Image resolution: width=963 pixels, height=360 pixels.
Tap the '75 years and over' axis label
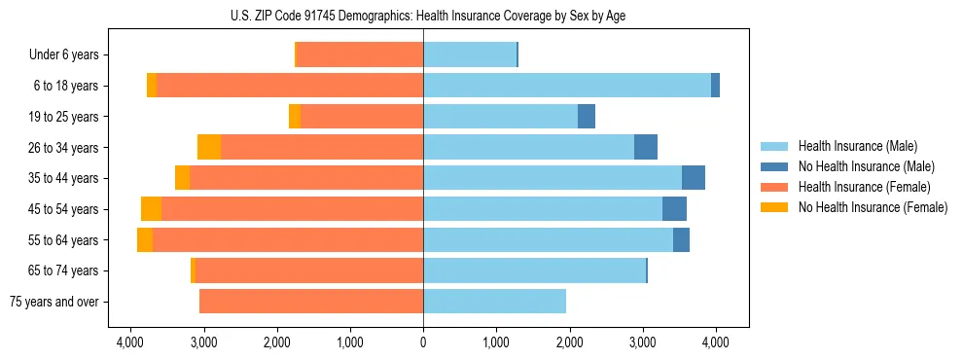tap(53, 302)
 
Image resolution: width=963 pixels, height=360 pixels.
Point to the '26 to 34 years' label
tap(64, 147)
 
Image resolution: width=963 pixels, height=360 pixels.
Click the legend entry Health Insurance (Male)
tap(857, 146)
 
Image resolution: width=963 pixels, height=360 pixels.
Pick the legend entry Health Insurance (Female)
tap(863, 187)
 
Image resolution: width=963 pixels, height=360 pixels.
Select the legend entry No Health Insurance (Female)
tap(872, 207)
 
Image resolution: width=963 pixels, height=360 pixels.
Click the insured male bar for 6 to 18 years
tap(567, 86)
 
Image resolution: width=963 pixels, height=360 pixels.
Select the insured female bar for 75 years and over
tap(311, 302)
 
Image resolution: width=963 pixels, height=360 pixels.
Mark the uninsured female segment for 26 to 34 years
tap(209, 147)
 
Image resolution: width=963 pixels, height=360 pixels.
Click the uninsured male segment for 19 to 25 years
tap(587, 117)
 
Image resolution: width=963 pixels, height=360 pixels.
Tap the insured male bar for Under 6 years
tap(470, 54)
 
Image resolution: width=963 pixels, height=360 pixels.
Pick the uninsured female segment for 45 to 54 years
tap(151, 209)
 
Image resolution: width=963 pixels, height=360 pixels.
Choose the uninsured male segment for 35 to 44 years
tap(694, 178)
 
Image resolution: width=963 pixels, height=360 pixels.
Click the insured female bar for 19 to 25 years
tap(362, 117)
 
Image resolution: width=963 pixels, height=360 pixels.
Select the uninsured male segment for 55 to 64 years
tap(681, 239)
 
